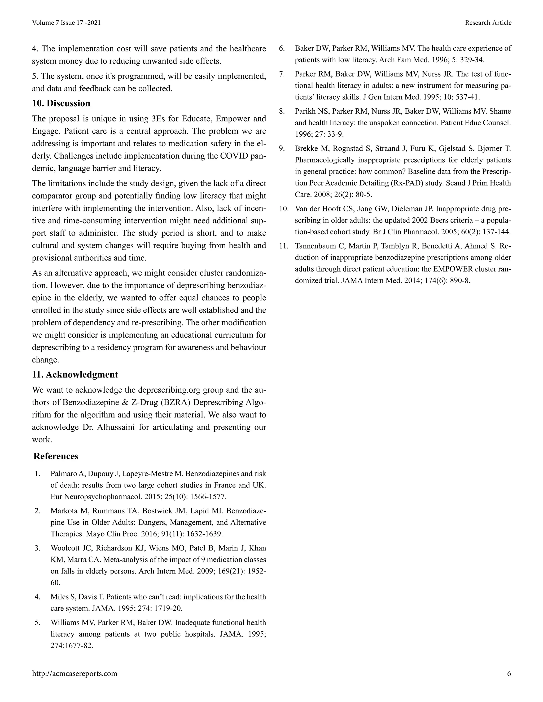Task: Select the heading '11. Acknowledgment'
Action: (75, 375)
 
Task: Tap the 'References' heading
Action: (56, 456)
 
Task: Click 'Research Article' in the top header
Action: (488, 23)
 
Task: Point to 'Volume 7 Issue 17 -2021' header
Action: (66, 23)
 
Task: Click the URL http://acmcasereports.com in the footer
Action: (75, 673)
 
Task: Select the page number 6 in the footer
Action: (509, 673)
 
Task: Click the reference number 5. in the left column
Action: (38, 623)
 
